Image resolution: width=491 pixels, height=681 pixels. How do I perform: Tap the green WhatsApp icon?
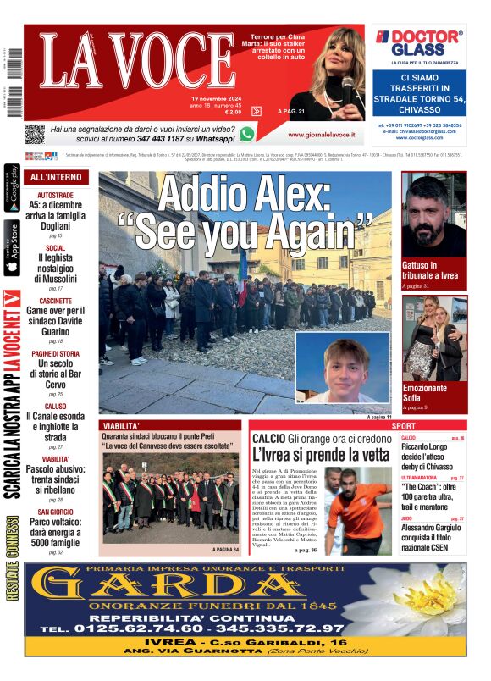246,134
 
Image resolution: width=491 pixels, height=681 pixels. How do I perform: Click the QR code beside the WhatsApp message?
35,134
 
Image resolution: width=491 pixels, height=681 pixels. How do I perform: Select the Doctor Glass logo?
419,42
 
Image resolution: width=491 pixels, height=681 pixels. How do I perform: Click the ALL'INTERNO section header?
56,178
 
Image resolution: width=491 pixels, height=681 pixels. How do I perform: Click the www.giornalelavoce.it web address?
320,134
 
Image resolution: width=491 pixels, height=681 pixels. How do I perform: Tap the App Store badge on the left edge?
12,248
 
